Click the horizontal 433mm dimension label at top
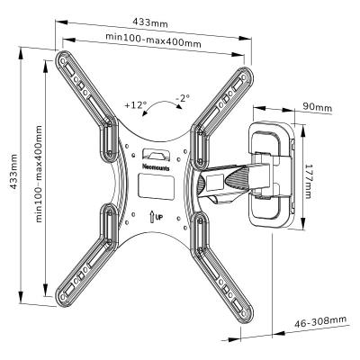(150, 22)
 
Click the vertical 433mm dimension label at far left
(13, 171)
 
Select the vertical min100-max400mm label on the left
(39, 174)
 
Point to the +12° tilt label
(136, 105)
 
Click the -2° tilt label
(183, 98)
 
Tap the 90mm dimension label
(317, 107)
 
